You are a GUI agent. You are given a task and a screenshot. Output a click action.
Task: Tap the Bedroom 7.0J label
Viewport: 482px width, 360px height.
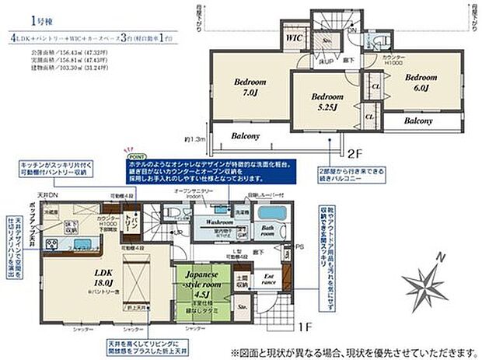tap(250, 86)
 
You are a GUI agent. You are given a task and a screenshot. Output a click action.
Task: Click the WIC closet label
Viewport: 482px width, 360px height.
tap(294, 37)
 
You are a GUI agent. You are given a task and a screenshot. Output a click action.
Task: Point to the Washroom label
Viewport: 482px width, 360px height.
tap(220, 222)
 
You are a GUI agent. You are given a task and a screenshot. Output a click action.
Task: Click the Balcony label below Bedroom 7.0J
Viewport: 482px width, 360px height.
tap(246, 136)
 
